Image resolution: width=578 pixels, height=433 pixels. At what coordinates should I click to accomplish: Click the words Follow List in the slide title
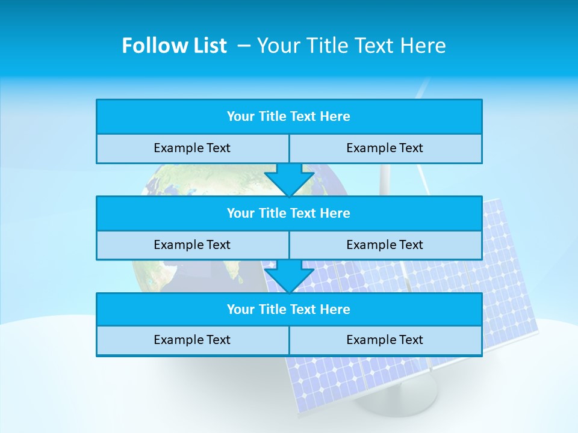[x=174, y=46]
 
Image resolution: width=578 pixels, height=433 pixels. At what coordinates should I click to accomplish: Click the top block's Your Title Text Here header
[x=288, y=117]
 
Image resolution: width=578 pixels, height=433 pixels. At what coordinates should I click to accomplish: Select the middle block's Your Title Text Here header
[x=288, y=213]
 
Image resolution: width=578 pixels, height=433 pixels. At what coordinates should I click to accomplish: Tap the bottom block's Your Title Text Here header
[x=288, y=310]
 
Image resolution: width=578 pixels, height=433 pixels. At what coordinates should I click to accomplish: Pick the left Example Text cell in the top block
[x=192, y=149]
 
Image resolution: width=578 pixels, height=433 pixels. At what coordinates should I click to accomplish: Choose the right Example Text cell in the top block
[x=385, y=149]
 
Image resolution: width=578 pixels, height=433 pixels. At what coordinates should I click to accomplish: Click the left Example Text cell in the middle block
[x=192, y=245]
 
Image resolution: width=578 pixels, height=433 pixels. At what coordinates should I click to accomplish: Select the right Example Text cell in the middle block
[x=385, y=245]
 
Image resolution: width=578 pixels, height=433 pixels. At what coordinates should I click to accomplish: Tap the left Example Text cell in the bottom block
[x=192, y=340]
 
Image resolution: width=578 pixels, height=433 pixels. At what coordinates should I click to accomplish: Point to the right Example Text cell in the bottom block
[x=385, y=340]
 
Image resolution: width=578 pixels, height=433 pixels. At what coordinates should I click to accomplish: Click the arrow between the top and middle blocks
[x=289, y=179]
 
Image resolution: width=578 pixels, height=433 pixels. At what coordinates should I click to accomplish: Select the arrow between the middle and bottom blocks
[x=289, y=276]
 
